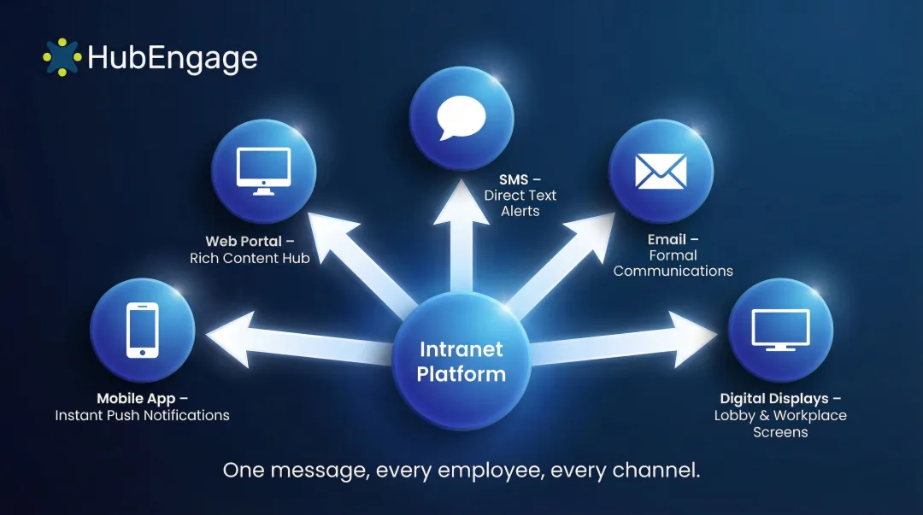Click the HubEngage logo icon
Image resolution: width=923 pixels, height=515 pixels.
[62, 56]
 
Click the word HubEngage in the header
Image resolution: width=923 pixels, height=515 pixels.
[172, 58]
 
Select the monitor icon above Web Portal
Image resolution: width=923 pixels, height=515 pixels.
[263, 172]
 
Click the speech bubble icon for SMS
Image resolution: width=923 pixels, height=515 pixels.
[461, 119]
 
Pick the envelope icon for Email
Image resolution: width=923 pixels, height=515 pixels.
[661, 172]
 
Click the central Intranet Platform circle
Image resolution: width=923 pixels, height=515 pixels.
[461, 361]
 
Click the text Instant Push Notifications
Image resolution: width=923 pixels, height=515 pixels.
[143, 415]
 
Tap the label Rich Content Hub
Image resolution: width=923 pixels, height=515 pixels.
[250, 258]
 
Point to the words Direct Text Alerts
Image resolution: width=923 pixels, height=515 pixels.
[520, 203]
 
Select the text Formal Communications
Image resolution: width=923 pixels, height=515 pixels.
[673, 263]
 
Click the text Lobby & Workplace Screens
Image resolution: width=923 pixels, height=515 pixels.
[780, 424]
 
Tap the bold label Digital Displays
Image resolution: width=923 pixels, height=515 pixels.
[774, 399]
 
